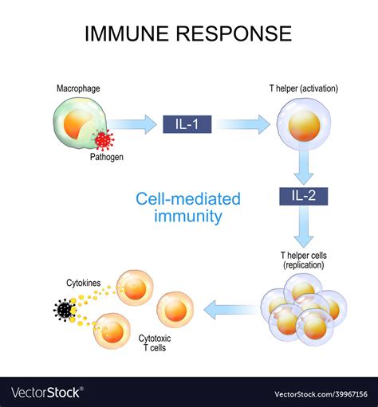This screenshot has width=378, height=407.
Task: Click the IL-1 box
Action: pyautogui.click(x=187, y=123)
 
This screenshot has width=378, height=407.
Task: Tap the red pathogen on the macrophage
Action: pyautogui.click(x=103, y=140)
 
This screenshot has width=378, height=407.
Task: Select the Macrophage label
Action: pyautogui.click(x=78, y=88)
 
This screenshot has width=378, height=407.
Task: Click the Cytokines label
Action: pyautogui.click(x=84, y=282)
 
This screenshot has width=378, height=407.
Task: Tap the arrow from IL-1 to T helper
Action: pyautogui.click(x=243, y=123)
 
